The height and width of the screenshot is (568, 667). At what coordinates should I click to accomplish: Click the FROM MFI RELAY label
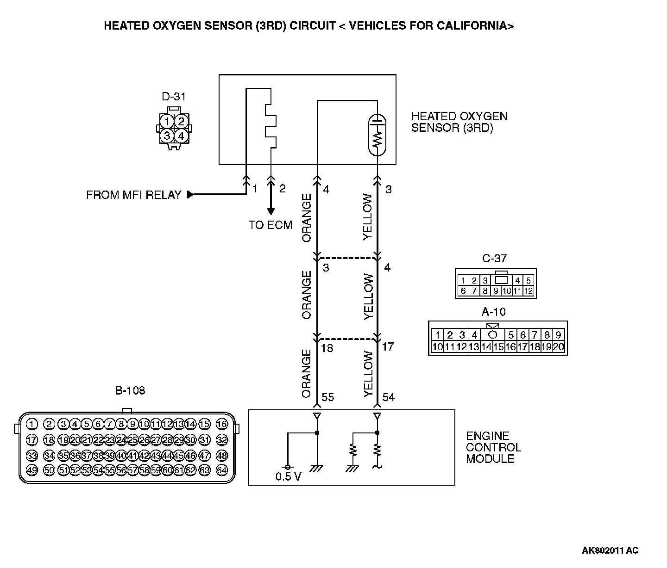133,195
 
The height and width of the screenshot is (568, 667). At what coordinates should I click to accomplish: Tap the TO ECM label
271,225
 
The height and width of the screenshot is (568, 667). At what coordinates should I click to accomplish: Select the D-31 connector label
174,97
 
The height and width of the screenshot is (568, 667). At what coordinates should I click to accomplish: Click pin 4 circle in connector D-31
181,136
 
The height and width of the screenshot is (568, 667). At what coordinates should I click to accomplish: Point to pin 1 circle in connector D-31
167,122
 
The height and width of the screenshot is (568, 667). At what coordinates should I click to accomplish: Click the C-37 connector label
495,259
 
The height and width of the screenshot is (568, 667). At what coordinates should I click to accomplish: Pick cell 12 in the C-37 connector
528,291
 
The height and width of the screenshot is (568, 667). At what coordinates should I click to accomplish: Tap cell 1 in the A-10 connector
437,335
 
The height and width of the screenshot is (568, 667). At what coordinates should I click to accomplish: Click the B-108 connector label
130,391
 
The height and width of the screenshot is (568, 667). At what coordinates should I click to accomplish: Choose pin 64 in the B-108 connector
222,470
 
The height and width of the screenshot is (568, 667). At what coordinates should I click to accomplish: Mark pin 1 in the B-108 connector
31,424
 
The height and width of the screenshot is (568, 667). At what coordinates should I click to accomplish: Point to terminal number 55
327,397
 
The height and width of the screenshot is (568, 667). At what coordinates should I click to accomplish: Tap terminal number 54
388,397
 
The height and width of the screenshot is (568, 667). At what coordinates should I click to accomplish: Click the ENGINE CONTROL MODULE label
493,447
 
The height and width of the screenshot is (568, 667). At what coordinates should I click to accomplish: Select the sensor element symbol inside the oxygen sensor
378,134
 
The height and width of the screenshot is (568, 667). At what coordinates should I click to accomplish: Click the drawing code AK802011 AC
610,550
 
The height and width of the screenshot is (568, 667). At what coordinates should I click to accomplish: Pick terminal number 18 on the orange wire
327,348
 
